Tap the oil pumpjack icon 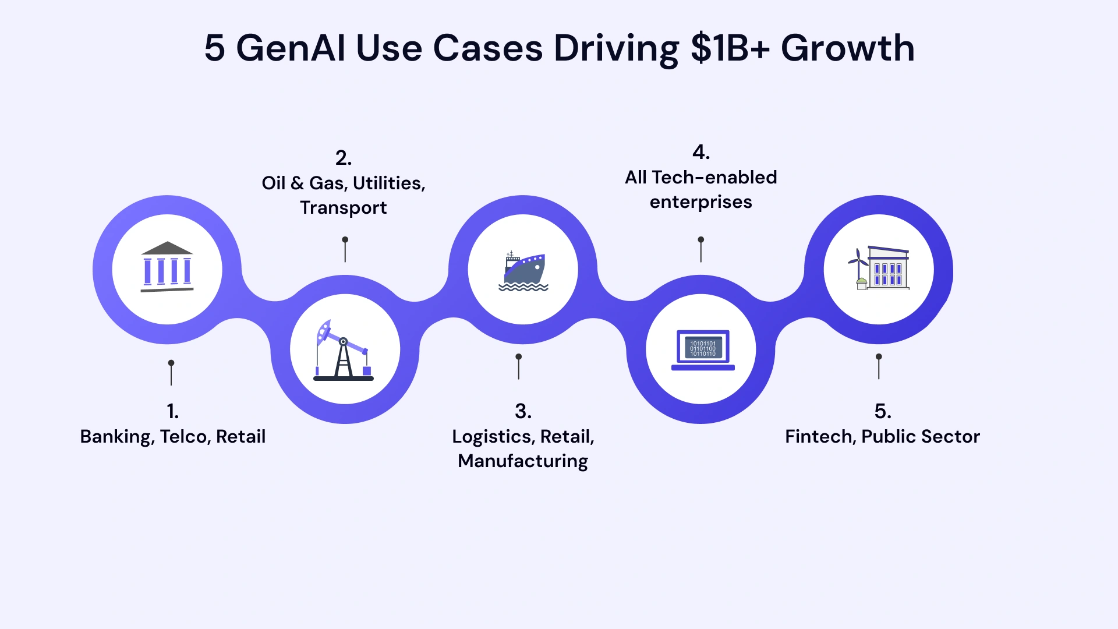344,350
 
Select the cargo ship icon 523,271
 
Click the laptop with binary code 703,349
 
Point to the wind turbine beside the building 857,265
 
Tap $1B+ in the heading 730,48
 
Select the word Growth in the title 847,48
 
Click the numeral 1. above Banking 172,411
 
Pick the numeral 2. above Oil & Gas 343,158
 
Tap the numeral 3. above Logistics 523,411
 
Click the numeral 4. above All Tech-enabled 700,152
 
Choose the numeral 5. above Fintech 883,411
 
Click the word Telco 184,436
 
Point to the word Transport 343,208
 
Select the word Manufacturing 523,461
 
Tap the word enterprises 700,202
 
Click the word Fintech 820,436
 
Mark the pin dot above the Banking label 171,363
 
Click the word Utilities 388,183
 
